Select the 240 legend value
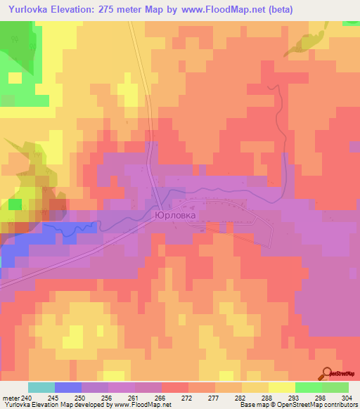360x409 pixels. (27, 398)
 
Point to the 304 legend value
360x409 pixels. (348, 398)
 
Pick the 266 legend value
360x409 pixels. (162, 398)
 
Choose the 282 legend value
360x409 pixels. (241, 398)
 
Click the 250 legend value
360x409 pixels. (82, 398)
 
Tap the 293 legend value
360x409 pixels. (295, 398)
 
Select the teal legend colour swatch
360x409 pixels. (41, 387)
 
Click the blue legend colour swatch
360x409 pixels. (68, 387)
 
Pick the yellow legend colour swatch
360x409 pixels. (282, 387)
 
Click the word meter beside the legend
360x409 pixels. (11, 398)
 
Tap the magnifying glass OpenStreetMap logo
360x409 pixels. (328, 374)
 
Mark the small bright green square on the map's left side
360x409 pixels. (15, 204)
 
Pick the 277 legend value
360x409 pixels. (215, 398)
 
